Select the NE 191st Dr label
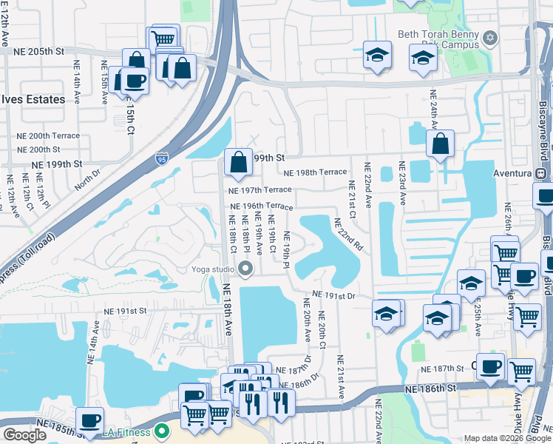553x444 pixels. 334,295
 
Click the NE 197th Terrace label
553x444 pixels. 256,190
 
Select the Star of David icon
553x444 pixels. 489,38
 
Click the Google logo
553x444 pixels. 24,435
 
